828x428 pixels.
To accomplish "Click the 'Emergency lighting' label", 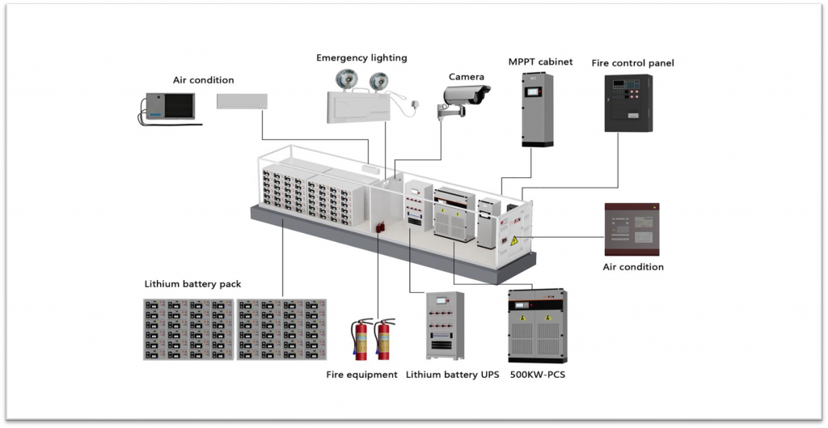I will click(361, 58).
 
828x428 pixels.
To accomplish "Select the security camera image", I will click(466, 98).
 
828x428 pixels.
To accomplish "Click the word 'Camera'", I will click(467, 77).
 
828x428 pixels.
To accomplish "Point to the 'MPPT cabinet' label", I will click(540, 61).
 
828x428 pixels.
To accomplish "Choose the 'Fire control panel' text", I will click(633, 63).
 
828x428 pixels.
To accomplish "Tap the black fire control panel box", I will click(628, 103).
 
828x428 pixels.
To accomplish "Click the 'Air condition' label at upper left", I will click(203, 80).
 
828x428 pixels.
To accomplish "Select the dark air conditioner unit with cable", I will click(168, 108).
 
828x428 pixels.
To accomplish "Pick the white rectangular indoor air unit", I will click(242, 101).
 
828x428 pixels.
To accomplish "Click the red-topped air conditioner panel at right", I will click(632, 230).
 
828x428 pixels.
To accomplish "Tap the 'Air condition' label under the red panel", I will click(633, 267).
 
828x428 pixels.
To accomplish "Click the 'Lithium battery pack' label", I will click(192, 284).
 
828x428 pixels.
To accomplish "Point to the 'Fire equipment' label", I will click(361, 375).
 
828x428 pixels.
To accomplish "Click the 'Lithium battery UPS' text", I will click(452, 375).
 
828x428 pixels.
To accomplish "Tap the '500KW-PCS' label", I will click(538, 375).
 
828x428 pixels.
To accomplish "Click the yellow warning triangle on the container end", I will click(513, 240).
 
